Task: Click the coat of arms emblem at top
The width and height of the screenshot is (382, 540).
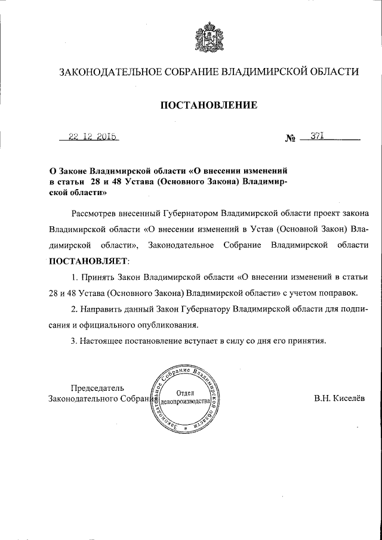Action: (x=208, y=36)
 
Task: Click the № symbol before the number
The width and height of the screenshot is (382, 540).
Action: (x=291, y=139)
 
